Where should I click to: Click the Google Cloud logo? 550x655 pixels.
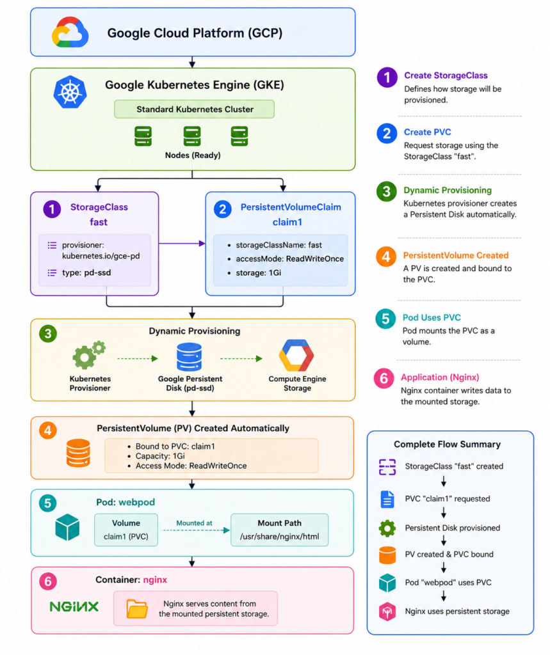point(70,32)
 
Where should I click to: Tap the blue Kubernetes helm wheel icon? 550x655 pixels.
point(70,92)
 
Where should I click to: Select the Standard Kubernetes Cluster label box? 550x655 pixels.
point(195,109)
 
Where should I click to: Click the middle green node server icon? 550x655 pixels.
point(192,136)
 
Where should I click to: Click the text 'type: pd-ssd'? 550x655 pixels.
point(86,272)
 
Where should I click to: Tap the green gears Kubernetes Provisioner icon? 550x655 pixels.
point(89,355)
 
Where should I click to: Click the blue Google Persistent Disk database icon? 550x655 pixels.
point(190,357)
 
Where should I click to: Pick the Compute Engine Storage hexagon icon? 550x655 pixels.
point(296,356)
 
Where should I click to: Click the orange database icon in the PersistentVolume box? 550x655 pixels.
point(78,453)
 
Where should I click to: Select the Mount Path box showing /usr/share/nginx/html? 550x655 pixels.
point(279,530)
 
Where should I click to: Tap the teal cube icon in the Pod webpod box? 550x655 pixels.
point(67,527)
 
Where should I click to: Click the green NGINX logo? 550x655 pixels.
point(74,606)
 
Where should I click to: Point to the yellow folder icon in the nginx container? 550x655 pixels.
point(137,609)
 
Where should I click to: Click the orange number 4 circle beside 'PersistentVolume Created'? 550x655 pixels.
point(386,256)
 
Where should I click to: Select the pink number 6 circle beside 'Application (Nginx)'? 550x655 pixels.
point(384,379)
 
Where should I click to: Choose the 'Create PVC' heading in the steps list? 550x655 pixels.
point(428,132)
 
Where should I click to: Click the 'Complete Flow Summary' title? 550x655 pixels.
point(447,444)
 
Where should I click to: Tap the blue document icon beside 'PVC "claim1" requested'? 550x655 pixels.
point(387,499)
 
